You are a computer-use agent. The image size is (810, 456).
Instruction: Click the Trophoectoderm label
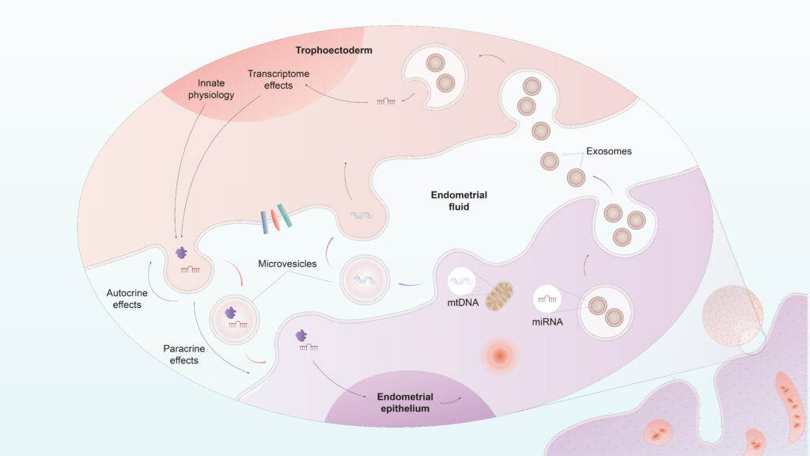tap(334, 51)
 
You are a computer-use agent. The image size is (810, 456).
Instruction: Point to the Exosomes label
tap(609, 150)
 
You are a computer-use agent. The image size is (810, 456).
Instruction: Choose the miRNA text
tap(548, 323)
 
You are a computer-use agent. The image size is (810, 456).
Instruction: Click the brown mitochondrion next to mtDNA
tap(499, 294)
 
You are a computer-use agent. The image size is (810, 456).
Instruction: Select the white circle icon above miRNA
tap(547, 298)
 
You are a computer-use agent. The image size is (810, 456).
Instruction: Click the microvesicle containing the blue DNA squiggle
tap(365, 279)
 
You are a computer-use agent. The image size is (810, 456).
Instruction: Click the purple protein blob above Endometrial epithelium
tap(302, 338)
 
